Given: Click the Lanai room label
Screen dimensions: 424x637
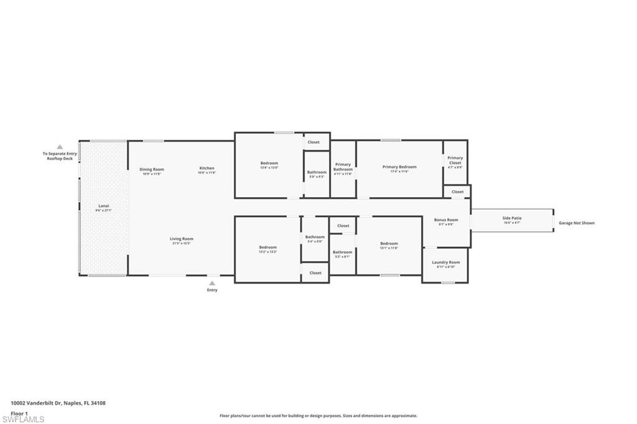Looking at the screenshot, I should [103, 206].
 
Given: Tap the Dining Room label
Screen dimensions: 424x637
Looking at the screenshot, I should [152, 169].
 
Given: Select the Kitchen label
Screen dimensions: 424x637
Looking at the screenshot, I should [207, 168].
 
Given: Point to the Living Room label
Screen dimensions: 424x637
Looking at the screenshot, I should [182, 239].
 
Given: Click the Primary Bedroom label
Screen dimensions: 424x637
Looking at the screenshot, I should [399, 167].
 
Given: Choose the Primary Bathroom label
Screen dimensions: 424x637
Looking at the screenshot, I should [343, 167].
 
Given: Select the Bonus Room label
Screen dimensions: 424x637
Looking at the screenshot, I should [446, 219].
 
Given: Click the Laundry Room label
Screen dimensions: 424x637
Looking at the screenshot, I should [446, 262].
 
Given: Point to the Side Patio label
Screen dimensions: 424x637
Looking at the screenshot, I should [512, 218].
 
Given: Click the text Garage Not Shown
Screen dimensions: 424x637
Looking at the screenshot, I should [576, 223].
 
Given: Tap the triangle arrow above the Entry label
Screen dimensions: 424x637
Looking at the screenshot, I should [212, 282].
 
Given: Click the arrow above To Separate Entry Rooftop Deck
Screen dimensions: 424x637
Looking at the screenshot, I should [60, 147].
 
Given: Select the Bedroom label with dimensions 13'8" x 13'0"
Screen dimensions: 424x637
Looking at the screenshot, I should [269, 163].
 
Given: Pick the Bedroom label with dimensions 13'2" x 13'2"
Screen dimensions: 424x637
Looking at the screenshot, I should [267, 247].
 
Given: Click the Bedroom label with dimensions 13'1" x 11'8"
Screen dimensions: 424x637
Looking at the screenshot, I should [389, 243].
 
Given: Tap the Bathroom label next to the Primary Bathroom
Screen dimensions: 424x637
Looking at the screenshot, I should [317, 172].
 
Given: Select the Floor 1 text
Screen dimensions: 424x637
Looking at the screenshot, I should [20, 413].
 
